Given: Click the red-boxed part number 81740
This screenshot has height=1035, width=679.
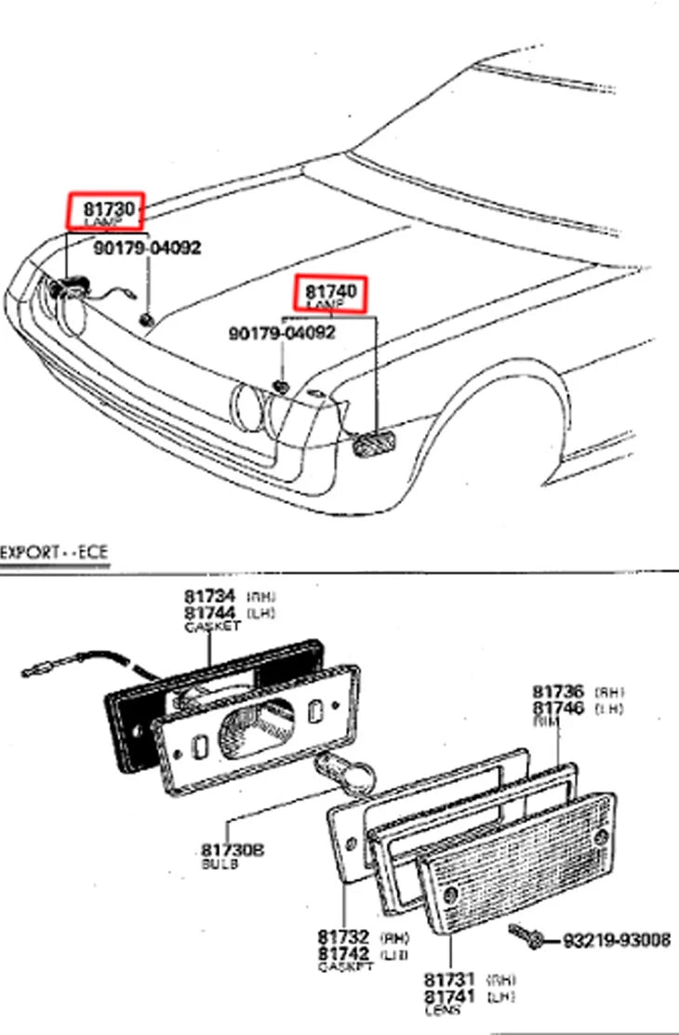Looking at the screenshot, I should [331, 291].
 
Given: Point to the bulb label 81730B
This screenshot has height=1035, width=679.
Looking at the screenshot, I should [233, 849].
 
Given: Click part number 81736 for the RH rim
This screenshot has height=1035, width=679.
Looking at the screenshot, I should [558, 692].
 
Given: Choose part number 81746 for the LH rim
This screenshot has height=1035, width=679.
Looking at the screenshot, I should [558, 708].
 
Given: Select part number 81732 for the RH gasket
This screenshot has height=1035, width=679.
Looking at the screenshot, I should [344, 937].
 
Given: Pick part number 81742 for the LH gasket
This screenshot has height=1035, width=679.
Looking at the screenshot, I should [344, 953].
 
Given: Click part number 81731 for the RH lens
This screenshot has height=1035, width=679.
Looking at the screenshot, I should [450, 979].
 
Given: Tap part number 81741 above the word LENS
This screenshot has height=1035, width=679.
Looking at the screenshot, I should [450, 996].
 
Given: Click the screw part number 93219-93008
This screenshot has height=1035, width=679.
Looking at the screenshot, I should [616, 940].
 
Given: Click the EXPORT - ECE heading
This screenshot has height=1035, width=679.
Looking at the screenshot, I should [54, 552].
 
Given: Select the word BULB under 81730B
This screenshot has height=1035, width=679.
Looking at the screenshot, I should [220, 864].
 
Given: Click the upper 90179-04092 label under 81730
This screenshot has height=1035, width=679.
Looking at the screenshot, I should [146, 247].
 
